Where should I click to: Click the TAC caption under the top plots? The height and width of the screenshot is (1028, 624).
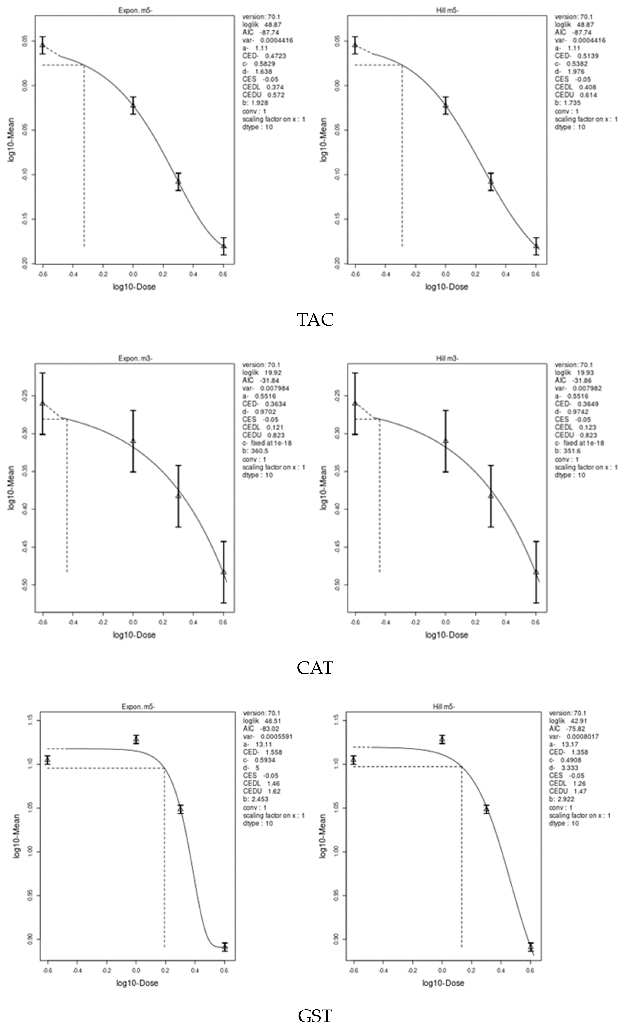coord(315,320)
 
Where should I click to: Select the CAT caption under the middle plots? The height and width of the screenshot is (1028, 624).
coord(315,668)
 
